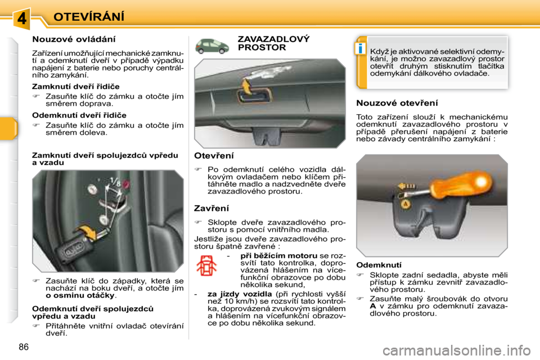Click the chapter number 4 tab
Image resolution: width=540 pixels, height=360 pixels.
(22, 17)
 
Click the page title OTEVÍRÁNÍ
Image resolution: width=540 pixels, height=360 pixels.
(89, 16)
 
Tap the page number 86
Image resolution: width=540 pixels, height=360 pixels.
(24, 347)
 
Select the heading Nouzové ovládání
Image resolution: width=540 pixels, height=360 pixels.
(74, 39)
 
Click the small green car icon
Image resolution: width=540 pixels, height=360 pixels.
(212, 46)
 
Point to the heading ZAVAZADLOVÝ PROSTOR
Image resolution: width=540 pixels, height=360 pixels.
(273, 43)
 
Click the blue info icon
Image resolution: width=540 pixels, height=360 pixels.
(360, 48)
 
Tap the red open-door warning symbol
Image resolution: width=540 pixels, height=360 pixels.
(206, 265)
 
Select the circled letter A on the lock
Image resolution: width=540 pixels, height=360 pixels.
(406, 204)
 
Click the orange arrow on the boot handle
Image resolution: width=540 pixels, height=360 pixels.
(246, 85)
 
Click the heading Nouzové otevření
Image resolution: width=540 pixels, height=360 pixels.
(397, 103)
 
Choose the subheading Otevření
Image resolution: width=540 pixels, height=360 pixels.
(214, 156)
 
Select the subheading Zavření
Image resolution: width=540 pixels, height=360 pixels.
(211, 209)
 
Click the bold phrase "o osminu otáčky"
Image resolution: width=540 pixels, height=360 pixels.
(80, 295)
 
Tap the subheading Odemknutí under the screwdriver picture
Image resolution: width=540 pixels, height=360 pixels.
(379, 265)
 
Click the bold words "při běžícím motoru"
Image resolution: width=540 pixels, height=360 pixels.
(279, 255)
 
